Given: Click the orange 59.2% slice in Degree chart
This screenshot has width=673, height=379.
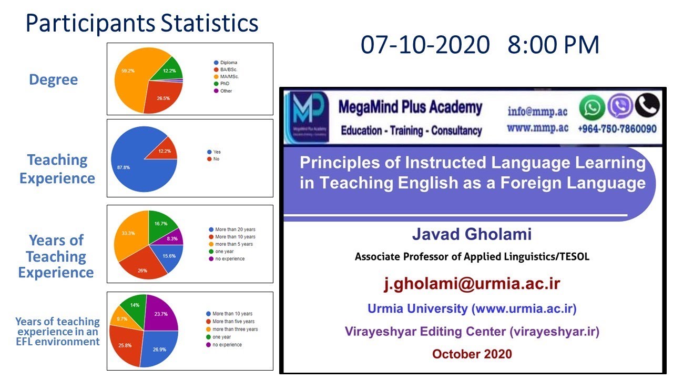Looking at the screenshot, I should [x=129, y=79].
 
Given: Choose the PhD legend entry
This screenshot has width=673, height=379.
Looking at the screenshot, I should [x=225, y=84].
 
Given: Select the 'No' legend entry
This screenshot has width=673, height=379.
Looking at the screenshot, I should [x=216, y=159].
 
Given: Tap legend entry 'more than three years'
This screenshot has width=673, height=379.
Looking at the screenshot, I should [x=233, y=329].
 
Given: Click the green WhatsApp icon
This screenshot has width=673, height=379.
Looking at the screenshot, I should [x=592, y=107].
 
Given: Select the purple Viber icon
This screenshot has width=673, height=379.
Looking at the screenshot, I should [x=620, y=106].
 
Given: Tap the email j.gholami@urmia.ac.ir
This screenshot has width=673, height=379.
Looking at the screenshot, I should [x=472, y=284].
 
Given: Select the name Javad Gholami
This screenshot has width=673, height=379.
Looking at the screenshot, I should [x=472, y=235].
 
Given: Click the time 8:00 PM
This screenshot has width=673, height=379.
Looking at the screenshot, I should [x=553, y=45].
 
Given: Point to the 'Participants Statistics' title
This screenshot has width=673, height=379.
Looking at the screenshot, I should [x=142, y=24].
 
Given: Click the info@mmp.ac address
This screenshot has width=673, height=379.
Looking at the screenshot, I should [x=538, y=111].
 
